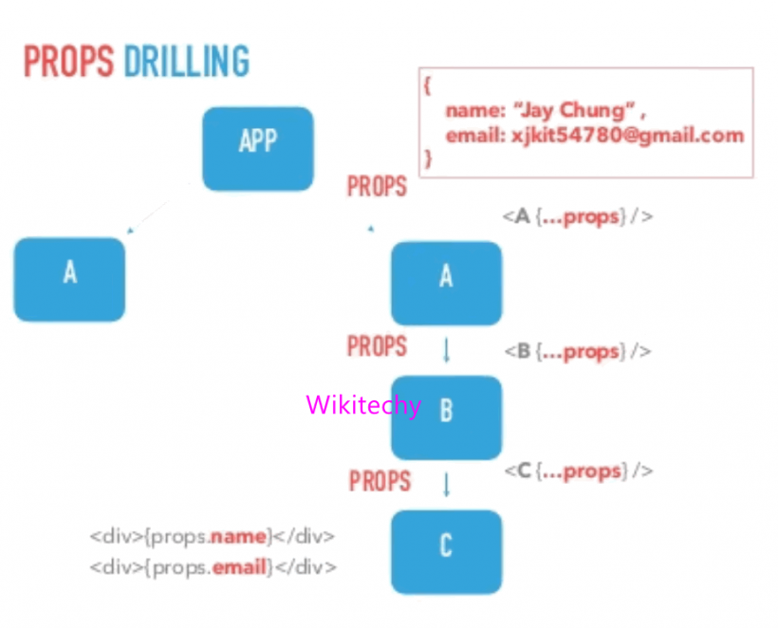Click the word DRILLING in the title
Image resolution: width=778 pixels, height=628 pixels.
coord(187,62)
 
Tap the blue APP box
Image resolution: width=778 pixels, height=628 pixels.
coord(257,148)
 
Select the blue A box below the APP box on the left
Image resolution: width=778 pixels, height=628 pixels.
coord(69,279)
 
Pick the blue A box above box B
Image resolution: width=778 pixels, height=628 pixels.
coord(446,283)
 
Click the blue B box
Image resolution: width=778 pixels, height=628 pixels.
coord(446,416)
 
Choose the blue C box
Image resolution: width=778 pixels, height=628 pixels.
coord(446,551)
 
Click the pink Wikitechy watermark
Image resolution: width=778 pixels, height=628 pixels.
coord(363,405)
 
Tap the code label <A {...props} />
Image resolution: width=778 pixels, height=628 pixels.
coord(577,216)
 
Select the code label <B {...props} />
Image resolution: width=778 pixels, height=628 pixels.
coord(577,352)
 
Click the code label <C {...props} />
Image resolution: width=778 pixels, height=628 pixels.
coord(579,471)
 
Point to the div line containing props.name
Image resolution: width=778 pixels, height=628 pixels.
coord(213,537)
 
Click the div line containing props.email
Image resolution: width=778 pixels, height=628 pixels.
coord(213,567)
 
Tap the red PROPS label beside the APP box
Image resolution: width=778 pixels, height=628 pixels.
coord(377,186)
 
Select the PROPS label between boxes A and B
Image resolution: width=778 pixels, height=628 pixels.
coord(377,346)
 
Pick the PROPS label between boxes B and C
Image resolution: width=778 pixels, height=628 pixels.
coord(380,481)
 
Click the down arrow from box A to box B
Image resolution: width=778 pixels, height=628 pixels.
coord(446,351)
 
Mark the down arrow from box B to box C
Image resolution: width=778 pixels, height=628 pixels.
coord(446,485)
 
